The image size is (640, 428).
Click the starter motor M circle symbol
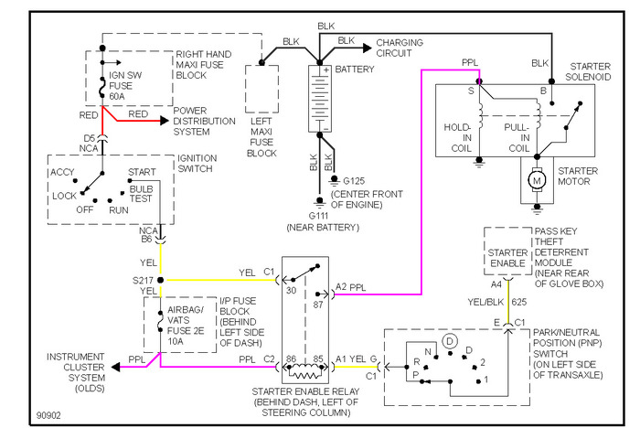(x=537, y=180)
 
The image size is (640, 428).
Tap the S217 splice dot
(x=160, y=280)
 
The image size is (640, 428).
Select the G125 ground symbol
(x=335, y=180)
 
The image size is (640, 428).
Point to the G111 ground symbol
(x=320, y=202)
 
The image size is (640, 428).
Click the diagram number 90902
(x=48, y=415)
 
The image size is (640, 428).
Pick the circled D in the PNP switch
(x=450, y=341)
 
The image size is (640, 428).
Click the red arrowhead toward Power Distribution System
(x=165, y=121)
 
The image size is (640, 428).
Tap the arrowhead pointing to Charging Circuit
(x=368, y=48)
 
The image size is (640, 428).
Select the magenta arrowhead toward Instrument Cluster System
(x=116, y=367)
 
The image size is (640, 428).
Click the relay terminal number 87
(x=318, y=305)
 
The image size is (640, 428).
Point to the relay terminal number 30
(x=291, y=291)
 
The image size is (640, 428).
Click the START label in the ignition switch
(x=142, y=172)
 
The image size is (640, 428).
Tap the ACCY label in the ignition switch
(x=62, y=172)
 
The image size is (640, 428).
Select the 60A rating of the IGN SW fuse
(x=117, y=96)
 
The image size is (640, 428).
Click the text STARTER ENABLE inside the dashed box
(x=507, y=258)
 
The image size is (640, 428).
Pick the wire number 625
(x=518, y=302)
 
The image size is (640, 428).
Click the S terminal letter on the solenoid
(x=471, y=91)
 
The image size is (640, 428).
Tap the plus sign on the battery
(x=326, y=70)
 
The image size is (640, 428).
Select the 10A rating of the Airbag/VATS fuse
(x=176, y=341)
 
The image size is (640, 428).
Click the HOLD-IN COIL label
(x=458, y=137)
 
